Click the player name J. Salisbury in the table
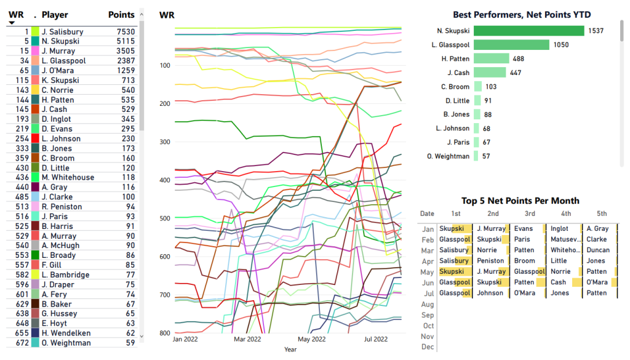coord(62,31)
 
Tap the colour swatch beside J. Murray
coord(36,51)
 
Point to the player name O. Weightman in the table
coord(66,343)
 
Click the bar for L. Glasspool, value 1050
coord(511,44)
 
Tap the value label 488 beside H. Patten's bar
coord(518,58)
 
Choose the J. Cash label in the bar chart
coord(458,73)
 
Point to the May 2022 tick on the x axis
coord(312,339)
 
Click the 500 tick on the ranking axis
coord(164,218)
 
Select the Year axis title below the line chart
coord(290,350)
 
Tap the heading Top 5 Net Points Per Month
coord(520,201)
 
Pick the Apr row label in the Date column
coord(428,261)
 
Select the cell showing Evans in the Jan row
coord(524,229)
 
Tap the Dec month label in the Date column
coord(428,347)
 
